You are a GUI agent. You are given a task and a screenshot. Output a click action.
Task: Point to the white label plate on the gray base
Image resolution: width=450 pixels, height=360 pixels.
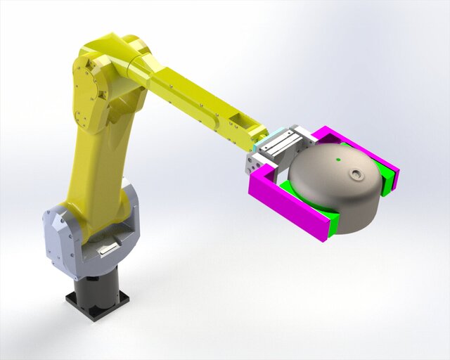click(x=107, y=248)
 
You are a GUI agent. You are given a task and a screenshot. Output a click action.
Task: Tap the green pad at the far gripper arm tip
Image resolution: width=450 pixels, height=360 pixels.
click(x=386, y=179)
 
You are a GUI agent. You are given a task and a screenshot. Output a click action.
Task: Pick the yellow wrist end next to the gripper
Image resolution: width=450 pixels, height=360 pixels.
click(x=254, y=134)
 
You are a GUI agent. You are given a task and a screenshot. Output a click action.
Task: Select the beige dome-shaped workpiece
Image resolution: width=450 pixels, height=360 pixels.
click(x=337, y=186)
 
